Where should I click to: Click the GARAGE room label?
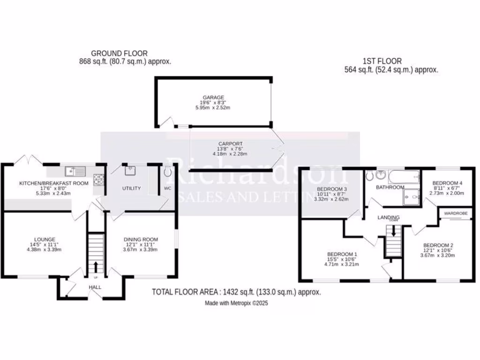[x=213, y=97]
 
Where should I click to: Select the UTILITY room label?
[x=131, y=188]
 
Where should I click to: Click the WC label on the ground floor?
[x=168, y=188]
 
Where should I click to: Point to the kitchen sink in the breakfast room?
[x=75, y=171]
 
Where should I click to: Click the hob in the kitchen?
[x=99, y=178]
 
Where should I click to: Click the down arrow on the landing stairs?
[x=393, y=231]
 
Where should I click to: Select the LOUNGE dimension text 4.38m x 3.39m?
[x=44, y=249]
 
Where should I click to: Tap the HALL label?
[x=96, y=287]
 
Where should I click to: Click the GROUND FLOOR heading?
[x=119, y=53]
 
